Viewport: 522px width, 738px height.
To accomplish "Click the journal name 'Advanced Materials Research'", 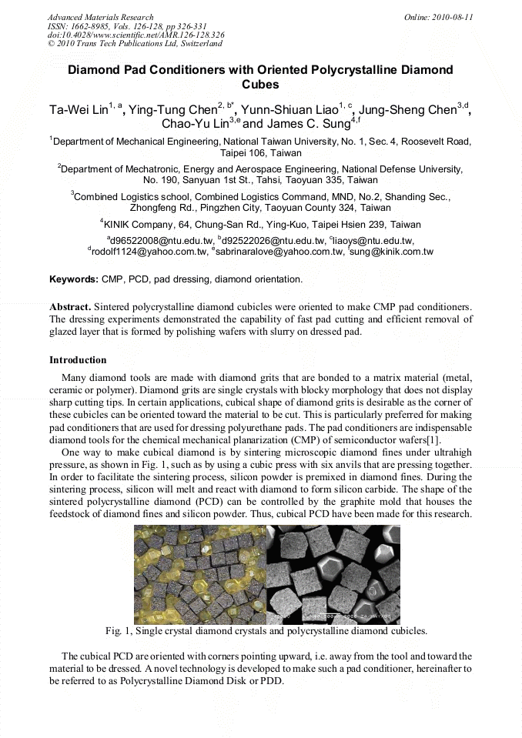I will point(100,17).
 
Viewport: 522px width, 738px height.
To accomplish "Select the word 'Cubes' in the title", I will point(260,85).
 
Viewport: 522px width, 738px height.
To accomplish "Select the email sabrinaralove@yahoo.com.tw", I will point(279,252).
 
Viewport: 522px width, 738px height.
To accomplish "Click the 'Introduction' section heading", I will point(78,360).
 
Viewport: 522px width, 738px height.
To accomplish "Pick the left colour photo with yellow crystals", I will point(199,574).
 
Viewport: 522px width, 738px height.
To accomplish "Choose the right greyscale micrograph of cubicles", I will point(333,574).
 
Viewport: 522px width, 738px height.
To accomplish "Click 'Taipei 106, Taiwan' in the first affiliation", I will point(260,153).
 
